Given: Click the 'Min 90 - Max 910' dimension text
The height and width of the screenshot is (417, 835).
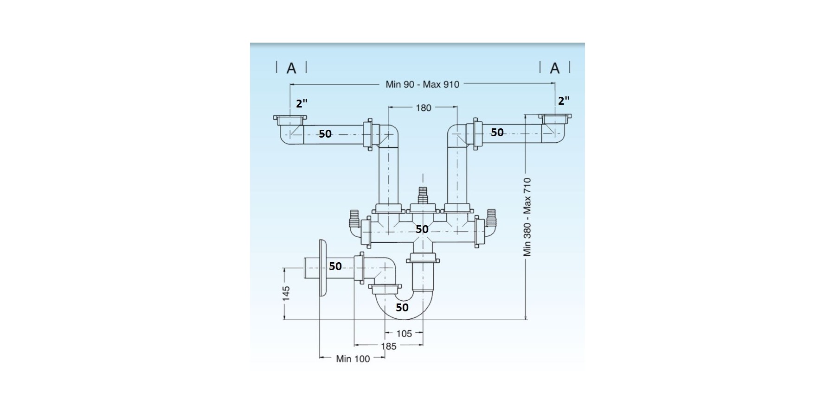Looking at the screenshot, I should pyautogui.click(x=422, y=84).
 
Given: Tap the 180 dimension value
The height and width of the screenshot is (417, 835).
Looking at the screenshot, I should pyautogui.click(x=423, y=108).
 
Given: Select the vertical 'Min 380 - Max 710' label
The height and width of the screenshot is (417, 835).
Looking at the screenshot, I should pyautogui.click(x=527, y=217).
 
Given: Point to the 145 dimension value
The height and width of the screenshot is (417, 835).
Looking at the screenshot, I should pyautogui.click(x=286, y=293).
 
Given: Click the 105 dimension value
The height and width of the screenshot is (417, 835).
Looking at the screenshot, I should pyautogui.click(x=404, y=334).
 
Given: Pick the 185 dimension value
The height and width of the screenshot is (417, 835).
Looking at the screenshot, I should pyautogui.click(x=389, y=346).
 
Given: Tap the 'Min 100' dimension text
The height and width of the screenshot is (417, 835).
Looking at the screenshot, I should pyautogui.click(x=353, y=359).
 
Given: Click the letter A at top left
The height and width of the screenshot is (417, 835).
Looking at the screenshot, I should pyautogui.click(x=291, y=69).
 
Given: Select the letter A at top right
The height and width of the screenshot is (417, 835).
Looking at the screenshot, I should pyautogui.click(x=555, y=69).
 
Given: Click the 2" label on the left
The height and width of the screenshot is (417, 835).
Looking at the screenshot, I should pyautogui.click(x=302, y=103).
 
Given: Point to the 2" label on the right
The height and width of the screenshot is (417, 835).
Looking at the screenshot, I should pyautogui.click(x=564, y=101).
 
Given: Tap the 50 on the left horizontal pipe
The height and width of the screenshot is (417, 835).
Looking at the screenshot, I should pyautogui.click(x=325, y=134).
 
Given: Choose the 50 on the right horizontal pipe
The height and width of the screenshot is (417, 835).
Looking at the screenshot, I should pyautogui.click(x=497, y=133).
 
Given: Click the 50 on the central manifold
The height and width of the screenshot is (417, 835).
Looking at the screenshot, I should pyautogui.click(x=422, y=229).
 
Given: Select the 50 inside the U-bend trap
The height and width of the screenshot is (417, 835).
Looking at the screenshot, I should pyautogui.click(x=402, y=307).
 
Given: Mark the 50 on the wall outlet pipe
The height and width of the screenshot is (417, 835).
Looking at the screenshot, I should pyautogui.click(x=335, y=266).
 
